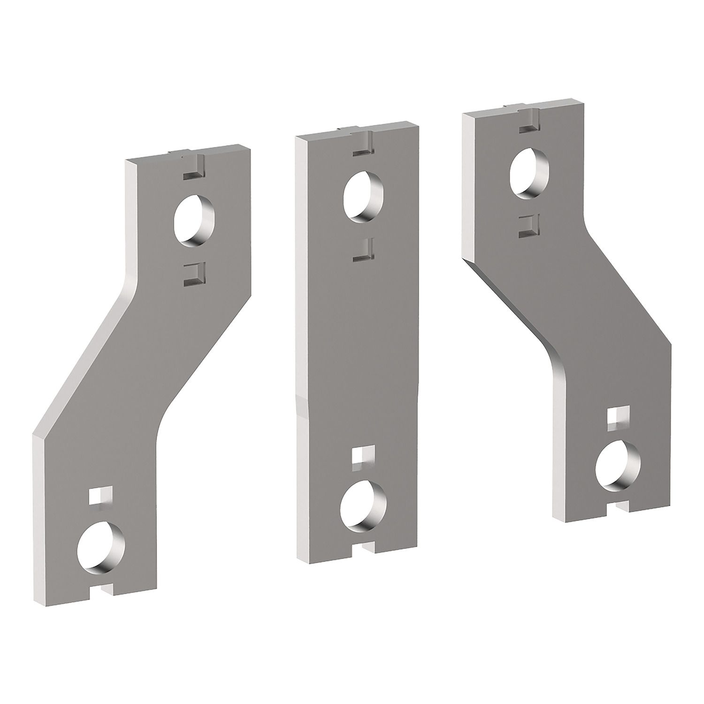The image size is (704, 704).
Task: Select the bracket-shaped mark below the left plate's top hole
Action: pyautogui.click(x=192, y=275)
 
